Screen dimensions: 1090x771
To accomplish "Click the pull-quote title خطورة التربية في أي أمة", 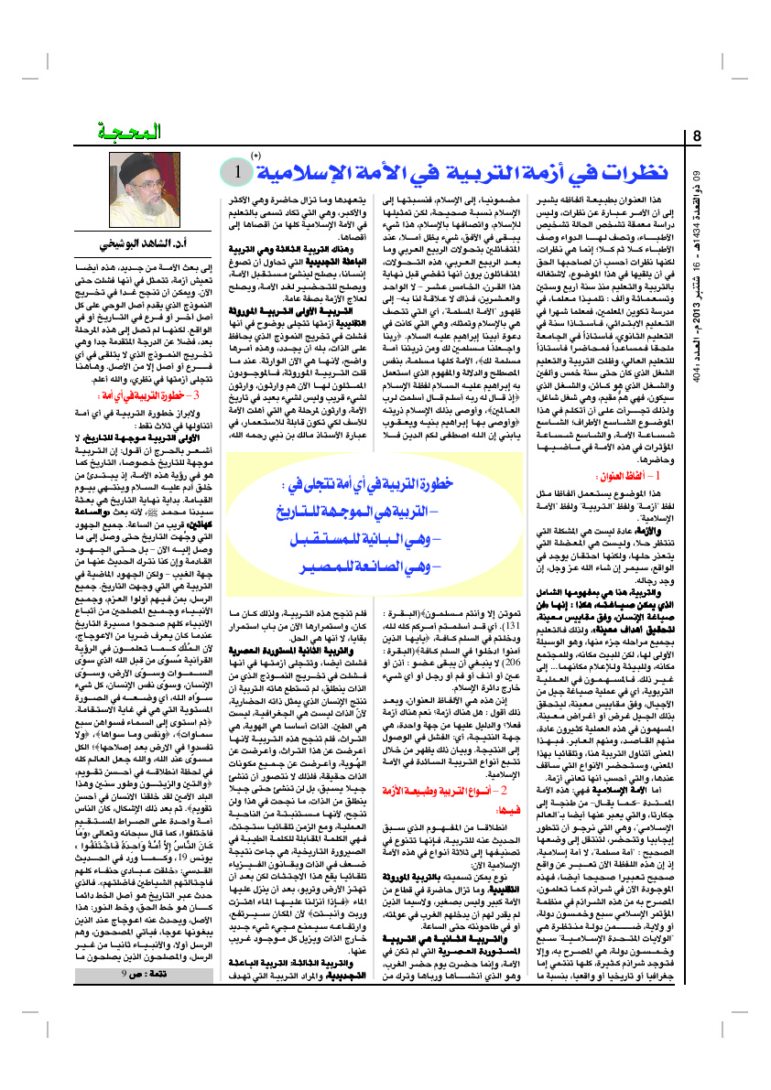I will tap(375, 482).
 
